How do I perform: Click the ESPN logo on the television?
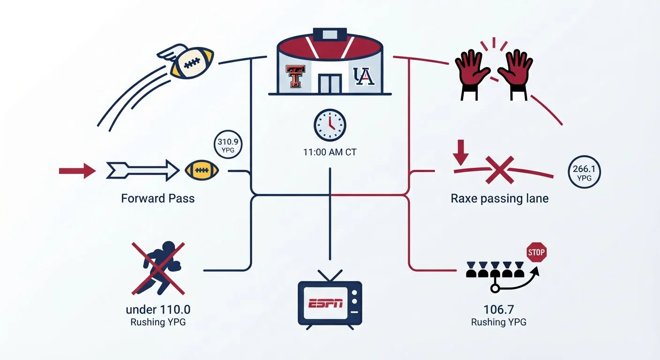326,303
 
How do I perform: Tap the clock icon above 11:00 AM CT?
330,125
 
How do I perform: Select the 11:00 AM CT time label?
330,152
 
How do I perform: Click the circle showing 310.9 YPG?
228,145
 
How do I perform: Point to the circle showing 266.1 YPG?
584,172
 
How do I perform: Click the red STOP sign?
536,253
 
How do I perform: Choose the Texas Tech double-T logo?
295,76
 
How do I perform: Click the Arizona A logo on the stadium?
364,76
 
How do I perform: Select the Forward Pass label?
157,198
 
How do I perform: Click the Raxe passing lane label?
499,199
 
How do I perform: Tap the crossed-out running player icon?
158,269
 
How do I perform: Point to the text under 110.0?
158,310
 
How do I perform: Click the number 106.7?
499,310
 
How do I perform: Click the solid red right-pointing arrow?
77,171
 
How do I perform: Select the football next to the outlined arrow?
202,170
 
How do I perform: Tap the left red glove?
472,75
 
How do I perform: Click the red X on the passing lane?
499,170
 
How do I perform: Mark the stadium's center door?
330,84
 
